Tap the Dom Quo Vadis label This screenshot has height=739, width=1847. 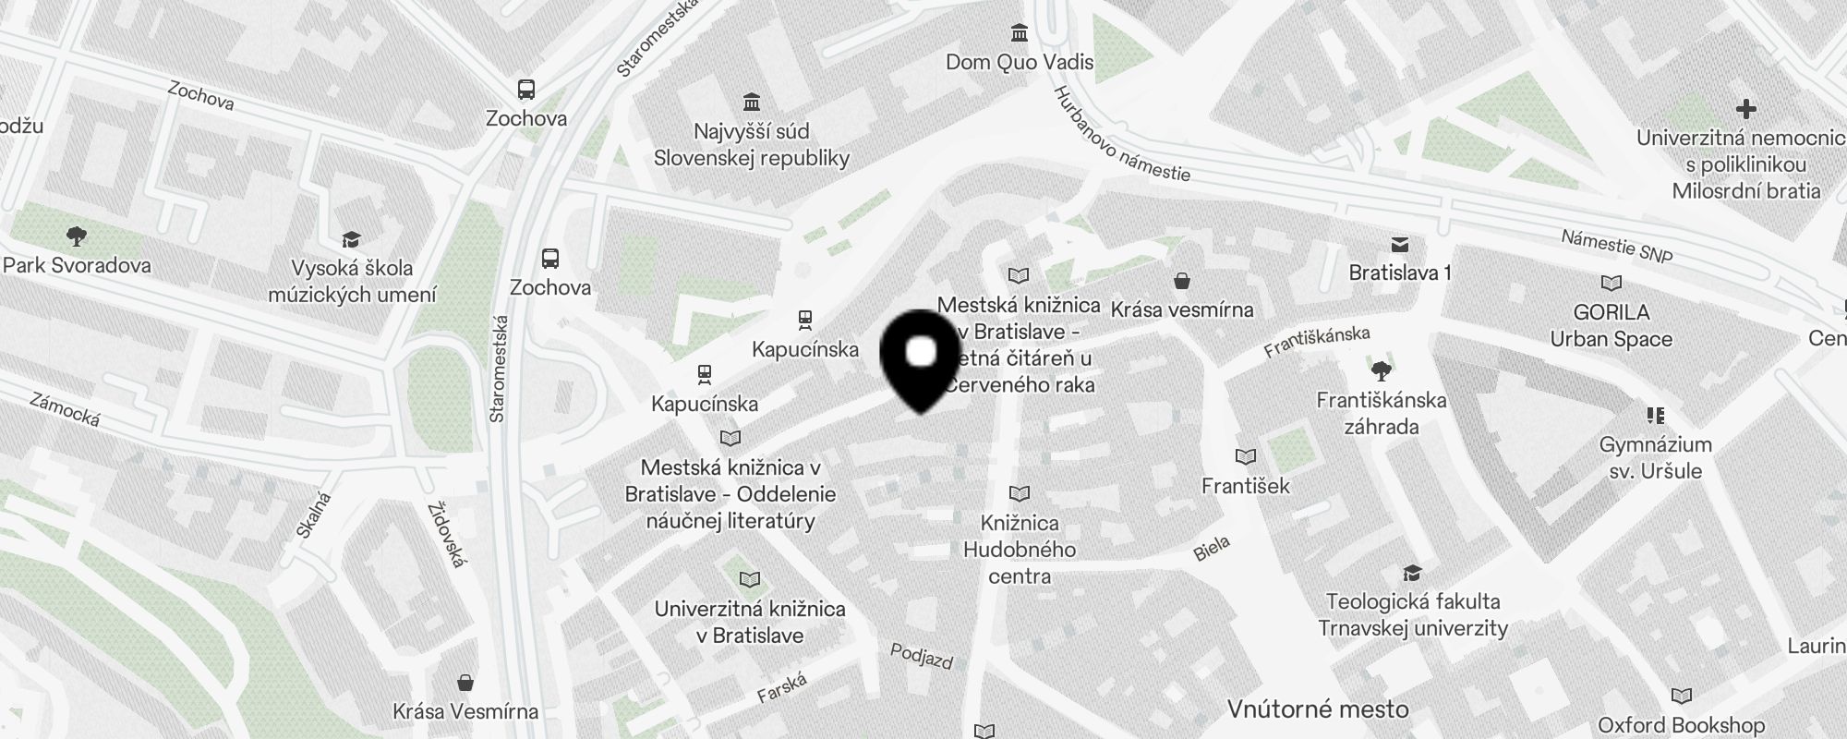click(1020, 62)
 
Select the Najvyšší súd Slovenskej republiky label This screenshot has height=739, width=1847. click(751, 145)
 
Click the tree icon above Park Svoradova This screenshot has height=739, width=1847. click(77, 236)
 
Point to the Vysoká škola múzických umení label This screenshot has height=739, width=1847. click(352, 282)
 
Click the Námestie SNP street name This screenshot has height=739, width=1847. click(1616, 246)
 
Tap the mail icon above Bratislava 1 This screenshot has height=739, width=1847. click(1400, 245)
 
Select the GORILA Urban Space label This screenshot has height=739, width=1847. click(1612, 325)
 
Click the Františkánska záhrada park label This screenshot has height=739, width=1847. click(1382, 413)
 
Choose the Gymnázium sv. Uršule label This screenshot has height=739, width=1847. click(1655, 457)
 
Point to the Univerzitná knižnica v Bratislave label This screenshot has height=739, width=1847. click(750, 622)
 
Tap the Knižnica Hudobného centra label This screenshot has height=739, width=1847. click(1020, 549)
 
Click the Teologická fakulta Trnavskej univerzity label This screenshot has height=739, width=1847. click(1413, 614)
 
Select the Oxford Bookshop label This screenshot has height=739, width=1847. click(1681, 725)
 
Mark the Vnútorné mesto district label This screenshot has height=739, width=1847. click(1318, 709)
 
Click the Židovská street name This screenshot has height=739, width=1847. click(448, 534)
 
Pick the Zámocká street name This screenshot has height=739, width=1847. click(65, 409)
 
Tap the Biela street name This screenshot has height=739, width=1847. click(1212, 549)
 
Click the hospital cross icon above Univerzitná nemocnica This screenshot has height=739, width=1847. click(1745, 109)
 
